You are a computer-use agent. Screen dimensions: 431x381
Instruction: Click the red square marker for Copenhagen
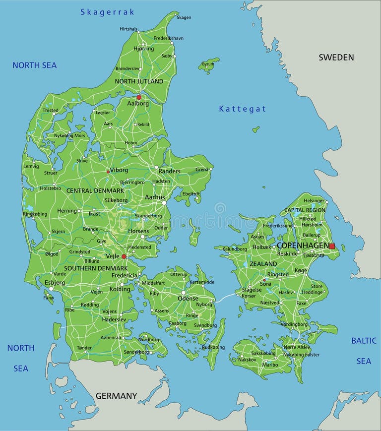coord(332,246)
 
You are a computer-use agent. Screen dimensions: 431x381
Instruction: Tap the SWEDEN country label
coord(336,57)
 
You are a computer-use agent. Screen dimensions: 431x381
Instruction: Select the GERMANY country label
coord(116,396)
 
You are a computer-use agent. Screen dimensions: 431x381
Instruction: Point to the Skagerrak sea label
coord(107,12)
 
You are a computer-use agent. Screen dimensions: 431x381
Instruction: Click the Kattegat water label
coord(243,109)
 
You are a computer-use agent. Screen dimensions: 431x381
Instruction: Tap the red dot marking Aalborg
coord(139,97)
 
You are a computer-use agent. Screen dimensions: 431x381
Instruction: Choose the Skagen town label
coord(184,17)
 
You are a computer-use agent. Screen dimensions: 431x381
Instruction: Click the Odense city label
coord(188,298)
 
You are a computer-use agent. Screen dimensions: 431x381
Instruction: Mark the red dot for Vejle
coord(124,256)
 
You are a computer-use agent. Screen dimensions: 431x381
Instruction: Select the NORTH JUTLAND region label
coord(139,81)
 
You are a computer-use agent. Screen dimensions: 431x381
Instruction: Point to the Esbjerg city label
coord(55,282)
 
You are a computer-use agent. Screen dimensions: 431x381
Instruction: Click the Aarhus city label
coord(155,197)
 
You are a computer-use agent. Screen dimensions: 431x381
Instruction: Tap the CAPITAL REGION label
coord(305,210)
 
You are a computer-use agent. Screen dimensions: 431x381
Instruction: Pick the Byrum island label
coord(208,64)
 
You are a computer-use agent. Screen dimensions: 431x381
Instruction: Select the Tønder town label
coord(84,348)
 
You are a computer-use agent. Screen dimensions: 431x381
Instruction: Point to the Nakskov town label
coord(247,359)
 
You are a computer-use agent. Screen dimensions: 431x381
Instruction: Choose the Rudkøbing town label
coord(213,347)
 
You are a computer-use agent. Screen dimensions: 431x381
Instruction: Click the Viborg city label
coord(119,170)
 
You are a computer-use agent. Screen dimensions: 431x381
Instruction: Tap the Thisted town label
coord(50,111)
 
